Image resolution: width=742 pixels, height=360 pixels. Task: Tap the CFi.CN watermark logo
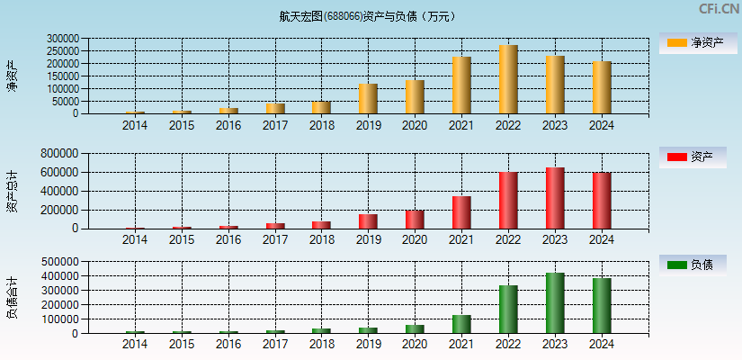pos(719,9)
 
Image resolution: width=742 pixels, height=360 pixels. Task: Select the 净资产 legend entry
pos(693,43)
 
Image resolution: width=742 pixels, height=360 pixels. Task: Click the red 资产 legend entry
pos(693,157)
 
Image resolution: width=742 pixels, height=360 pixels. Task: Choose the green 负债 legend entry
pos(693,265)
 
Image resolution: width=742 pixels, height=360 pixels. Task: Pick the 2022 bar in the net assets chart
pos(508,79)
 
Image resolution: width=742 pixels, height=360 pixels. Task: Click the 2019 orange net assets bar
pos(368,99)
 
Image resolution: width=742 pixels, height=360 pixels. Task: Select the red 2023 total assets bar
pos(555,198)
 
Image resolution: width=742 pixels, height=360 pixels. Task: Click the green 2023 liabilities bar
pos(555,303)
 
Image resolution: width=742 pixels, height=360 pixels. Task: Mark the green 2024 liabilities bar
pos(602,306)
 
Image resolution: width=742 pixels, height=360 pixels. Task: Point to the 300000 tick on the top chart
pos(63,40)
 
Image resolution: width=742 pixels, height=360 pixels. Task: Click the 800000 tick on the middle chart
pos(63,154)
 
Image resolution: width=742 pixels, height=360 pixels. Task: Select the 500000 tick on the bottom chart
pos(63,262)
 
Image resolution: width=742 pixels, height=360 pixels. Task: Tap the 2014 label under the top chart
pos(135,126)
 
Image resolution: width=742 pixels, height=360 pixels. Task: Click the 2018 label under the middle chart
pos(321,240)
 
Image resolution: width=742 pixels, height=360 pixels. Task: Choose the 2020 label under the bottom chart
pos(415,346)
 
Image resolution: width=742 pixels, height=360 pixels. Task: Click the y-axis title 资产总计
pos(12,191)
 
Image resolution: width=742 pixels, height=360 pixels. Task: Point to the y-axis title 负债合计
pos(12,298)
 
